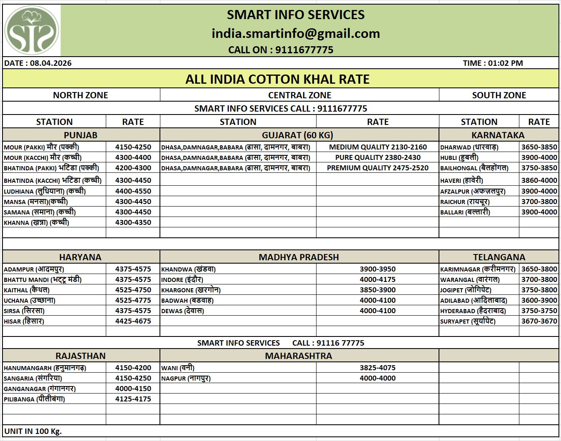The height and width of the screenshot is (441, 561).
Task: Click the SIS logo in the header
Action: click(32, 30)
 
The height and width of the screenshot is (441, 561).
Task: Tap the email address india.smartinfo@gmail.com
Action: click(296, 33)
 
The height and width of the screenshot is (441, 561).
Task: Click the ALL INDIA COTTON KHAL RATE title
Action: click(277, 79)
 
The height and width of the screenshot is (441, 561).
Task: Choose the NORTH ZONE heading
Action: click(80, 95)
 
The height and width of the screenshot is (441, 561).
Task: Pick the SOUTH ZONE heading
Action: click(499, 95)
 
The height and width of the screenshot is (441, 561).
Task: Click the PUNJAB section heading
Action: click(80, 135)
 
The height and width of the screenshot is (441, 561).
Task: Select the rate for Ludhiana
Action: click(133, 191)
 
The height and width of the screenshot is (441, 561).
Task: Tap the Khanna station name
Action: click(37, 222)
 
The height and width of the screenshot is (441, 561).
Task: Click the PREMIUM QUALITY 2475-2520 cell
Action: click(378, 168)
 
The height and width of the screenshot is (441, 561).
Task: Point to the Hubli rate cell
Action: click(539, 157)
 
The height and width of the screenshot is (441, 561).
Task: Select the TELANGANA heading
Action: click(499, 257)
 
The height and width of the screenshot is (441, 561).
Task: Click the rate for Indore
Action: click(378, 279)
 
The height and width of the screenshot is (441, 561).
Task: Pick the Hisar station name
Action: click(24, 321)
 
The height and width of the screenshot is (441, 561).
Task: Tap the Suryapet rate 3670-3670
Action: click(539, 321)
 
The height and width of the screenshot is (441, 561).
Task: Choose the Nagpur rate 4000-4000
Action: click(378, 378)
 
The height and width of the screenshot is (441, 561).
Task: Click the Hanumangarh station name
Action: click(45, 368)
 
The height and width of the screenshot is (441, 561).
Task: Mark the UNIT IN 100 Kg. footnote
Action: click(33, 431)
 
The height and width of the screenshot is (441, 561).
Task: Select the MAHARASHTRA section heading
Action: click(299, 356)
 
